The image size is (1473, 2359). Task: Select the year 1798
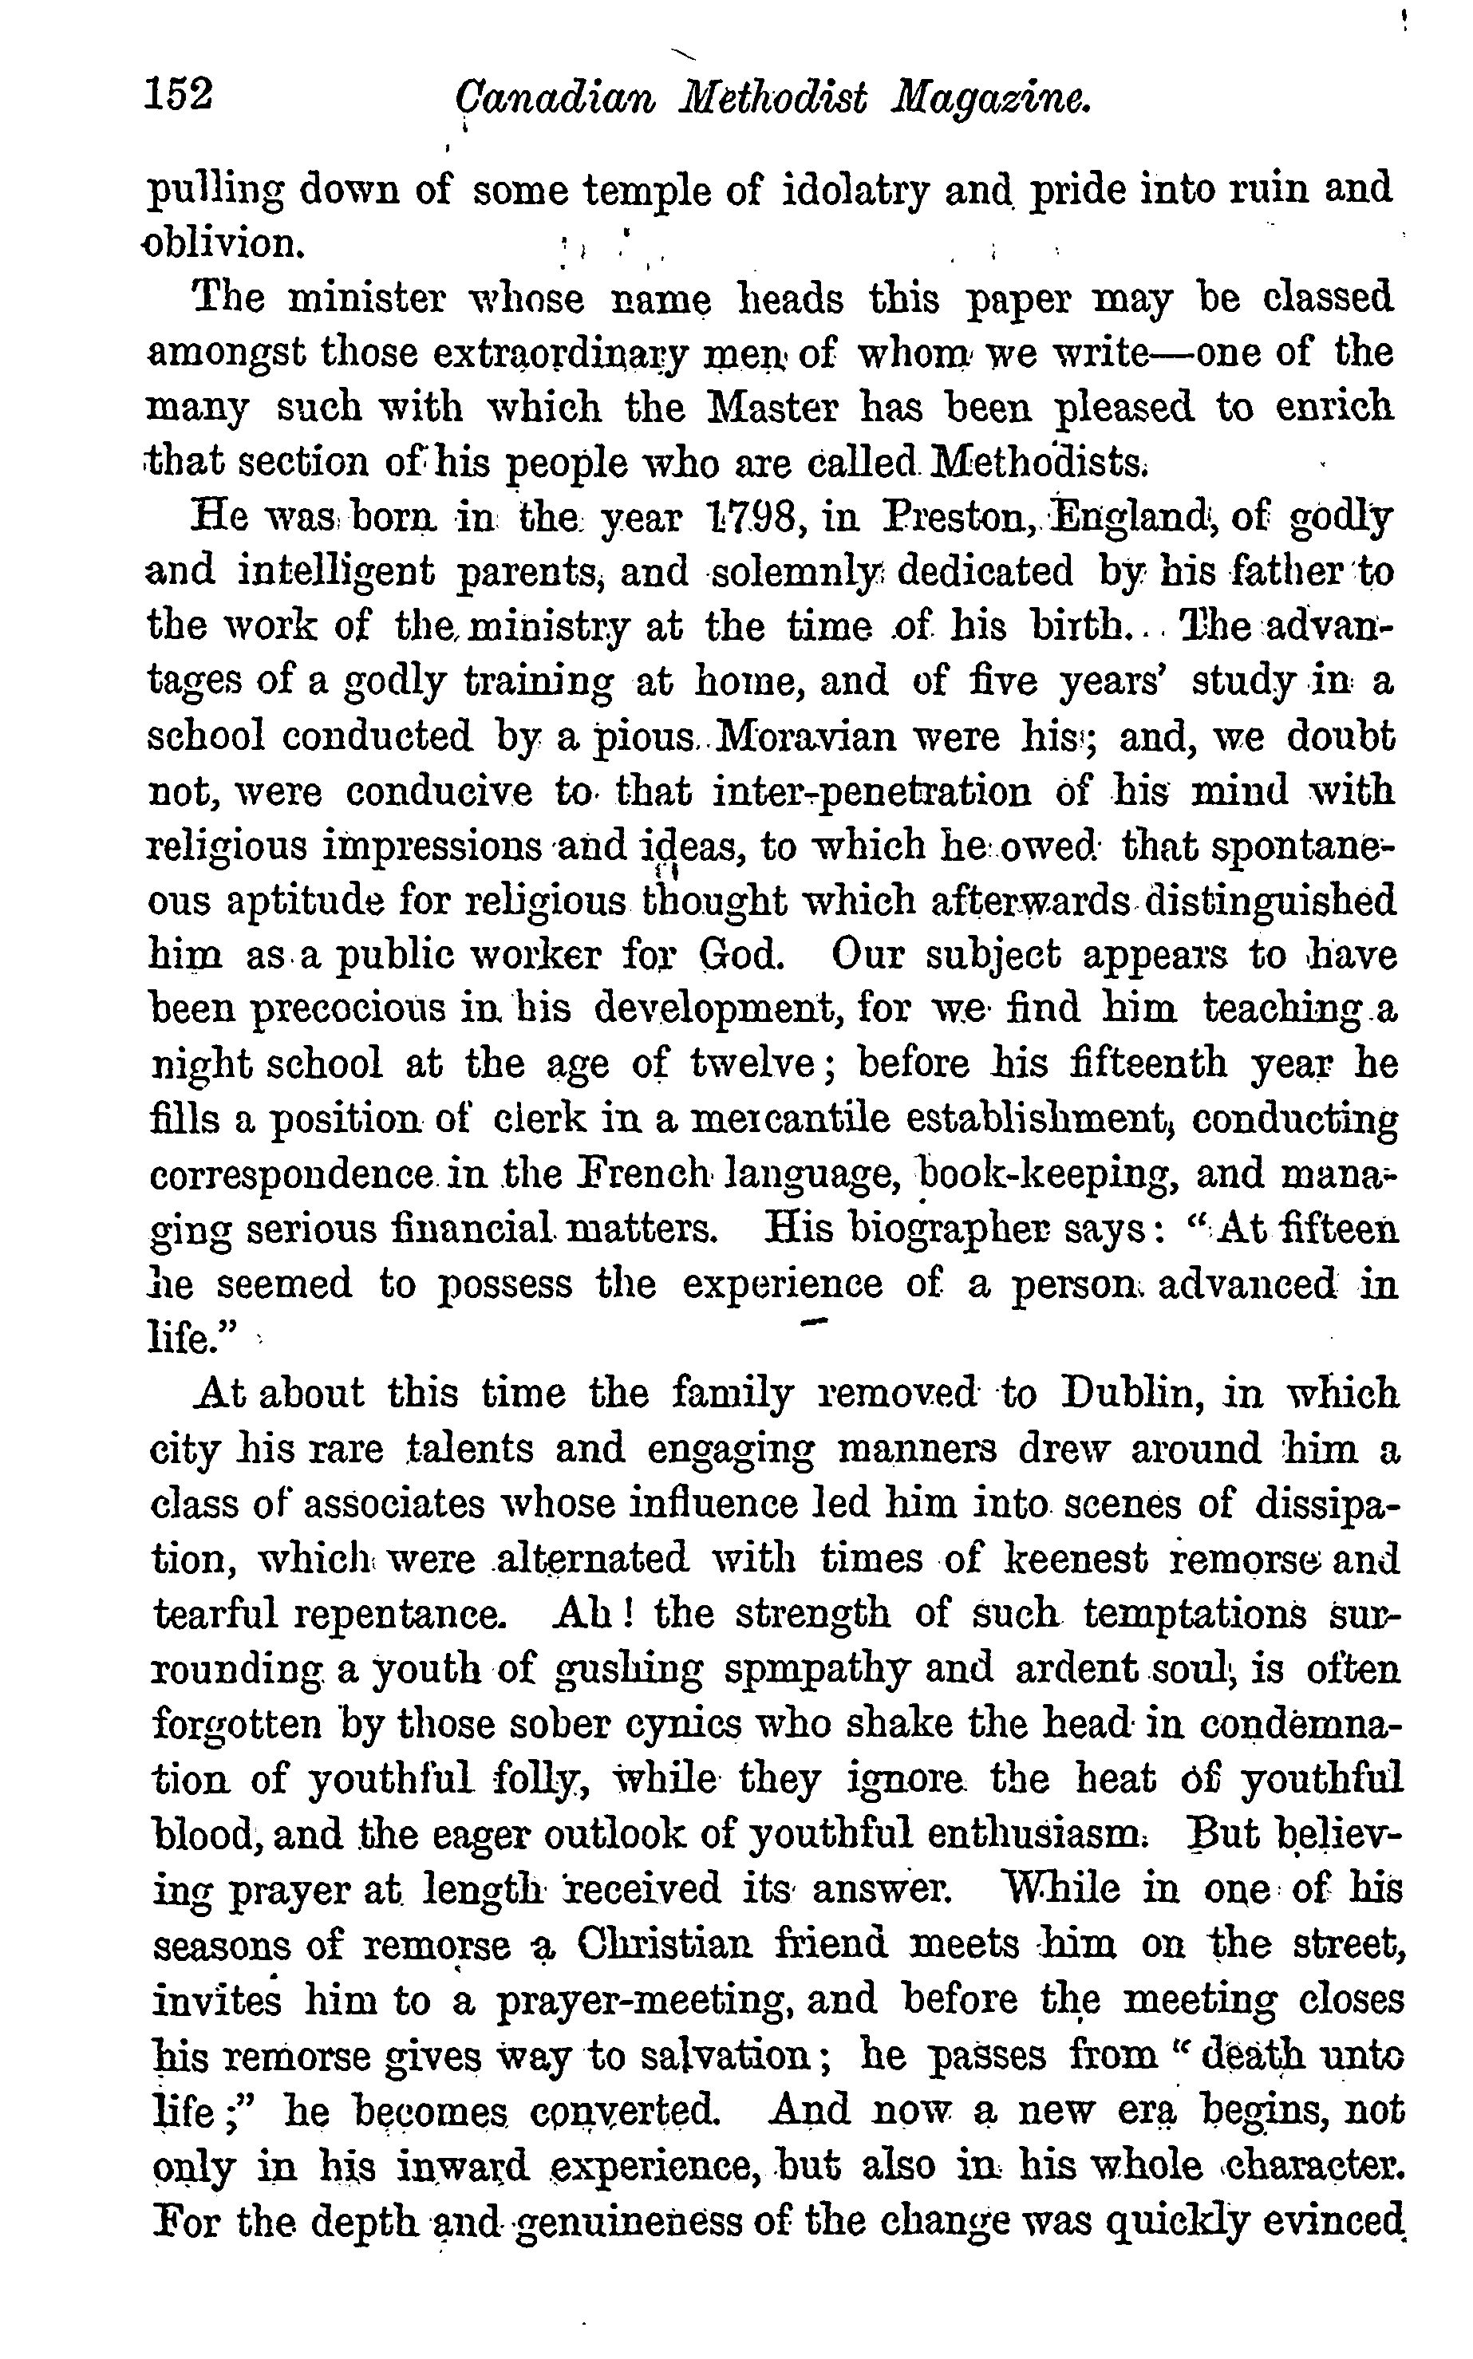click(753, 519)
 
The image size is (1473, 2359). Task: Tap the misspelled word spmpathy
click(817, 1671)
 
